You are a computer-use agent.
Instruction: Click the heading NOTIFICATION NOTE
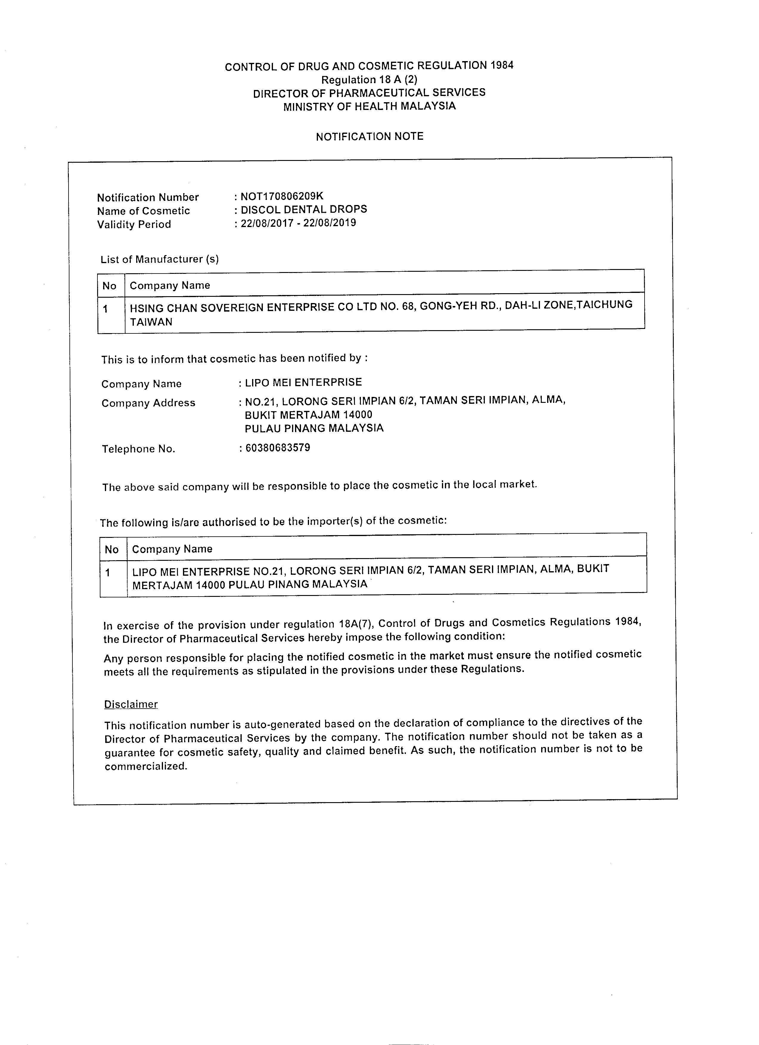370,136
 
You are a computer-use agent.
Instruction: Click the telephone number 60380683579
277,447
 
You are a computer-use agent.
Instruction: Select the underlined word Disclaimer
131,704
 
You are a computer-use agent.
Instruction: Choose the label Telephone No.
139,449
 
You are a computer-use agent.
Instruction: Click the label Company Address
148,403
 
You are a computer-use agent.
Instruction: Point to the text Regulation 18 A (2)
369,80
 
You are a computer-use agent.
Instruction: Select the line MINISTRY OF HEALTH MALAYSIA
369,106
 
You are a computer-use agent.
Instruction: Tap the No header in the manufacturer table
109,286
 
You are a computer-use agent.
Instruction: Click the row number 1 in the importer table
108,573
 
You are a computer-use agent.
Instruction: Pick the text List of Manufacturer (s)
159,260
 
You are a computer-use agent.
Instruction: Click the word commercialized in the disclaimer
146,766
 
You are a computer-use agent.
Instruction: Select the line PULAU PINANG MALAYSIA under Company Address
314,428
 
